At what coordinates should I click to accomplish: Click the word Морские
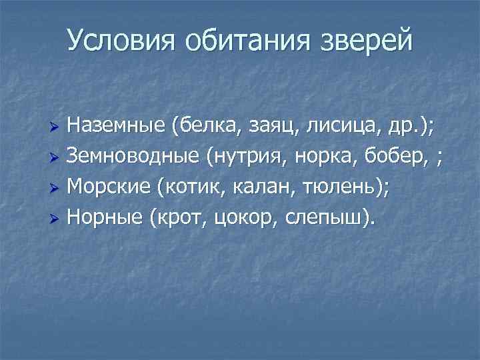click(x=109, y=188)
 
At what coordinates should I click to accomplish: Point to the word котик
click(x=187, y=188)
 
